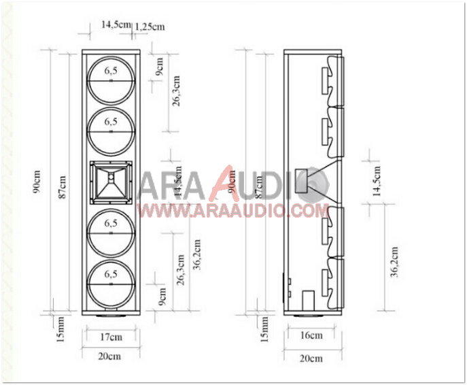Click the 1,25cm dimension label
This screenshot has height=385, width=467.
click(x=150, y=27)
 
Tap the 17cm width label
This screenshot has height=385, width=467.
click(x=110, y=336)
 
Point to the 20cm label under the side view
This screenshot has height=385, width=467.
click(x=312, y=358)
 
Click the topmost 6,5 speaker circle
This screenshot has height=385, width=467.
click(x=111, y=80)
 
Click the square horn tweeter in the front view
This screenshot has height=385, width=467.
click(x=111, y=180)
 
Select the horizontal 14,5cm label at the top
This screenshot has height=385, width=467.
click(x=115, y=24)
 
